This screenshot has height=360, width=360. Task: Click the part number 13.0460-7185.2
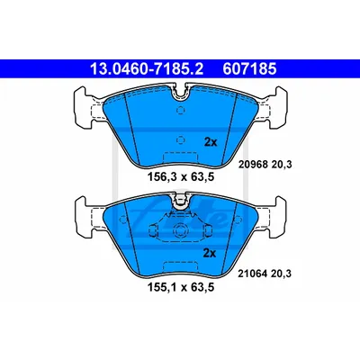coord(147,69)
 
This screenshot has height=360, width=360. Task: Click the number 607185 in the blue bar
coord(249,69)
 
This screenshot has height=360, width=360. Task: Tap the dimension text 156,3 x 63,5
coord(181,177)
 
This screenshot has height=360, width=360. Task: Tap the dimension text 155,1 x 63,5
coord(181,287)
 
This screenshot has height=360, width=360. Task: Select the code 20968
coord(253,164)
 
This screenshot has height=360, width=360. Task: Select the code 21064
coord(253,274)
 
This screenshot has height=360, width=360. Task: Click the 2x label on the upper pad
coord(211,142)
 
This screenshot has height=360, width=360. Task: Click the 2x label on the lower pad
coord(210,254)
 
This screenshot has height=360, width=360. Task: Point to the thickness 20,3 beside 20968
coord(282,165)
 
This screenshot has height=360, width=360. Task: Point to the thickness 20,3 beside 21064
coord(282,274)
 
